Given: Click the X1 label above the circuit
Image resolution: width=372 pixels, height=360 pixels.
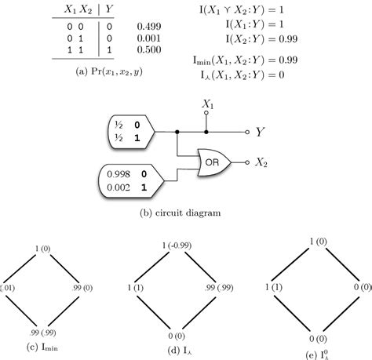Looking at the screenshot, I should click(x=208, y=104).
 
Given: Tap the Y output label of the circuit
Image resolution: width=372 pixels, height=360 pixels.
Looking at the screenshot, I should click(x=259, y=133).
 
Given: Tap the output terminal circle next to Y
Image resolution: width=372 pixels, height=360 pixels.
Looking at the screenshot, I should click(x=247, y=133).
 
